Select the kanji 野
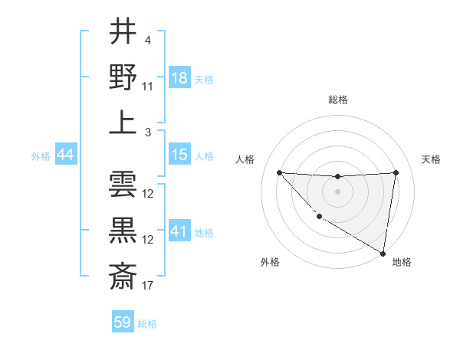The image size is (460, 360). coord(123,78)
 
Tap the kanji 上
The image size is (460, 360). coord(123,123)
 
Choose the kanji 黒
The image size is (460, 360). coord(123,230)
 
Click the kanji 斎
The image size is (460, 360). coord(123,273)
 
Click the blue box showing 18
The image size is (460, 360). coord(179,78)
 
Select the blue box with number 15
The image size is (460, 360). coord(179,155)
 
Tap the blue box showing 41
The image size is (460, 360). coord(179,231)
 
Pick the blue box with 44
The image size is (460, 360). coord(65,155)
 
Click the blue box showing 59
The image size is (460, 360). coord(123,322)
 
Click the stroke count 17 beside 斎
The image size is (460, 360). coord(148,286)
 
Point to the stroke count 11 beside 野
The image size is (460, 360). coord(148,87)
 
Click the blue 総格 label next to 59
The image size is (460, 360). coord(147,324)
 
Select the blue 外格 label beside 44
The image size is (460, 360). coord(41,156)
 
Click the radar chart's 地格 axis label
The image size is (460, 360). coord(402,262)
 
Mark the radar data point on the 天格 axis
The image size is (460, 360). coord(396,172)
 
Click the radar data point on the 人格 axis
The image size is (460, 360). coord(279,172)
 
